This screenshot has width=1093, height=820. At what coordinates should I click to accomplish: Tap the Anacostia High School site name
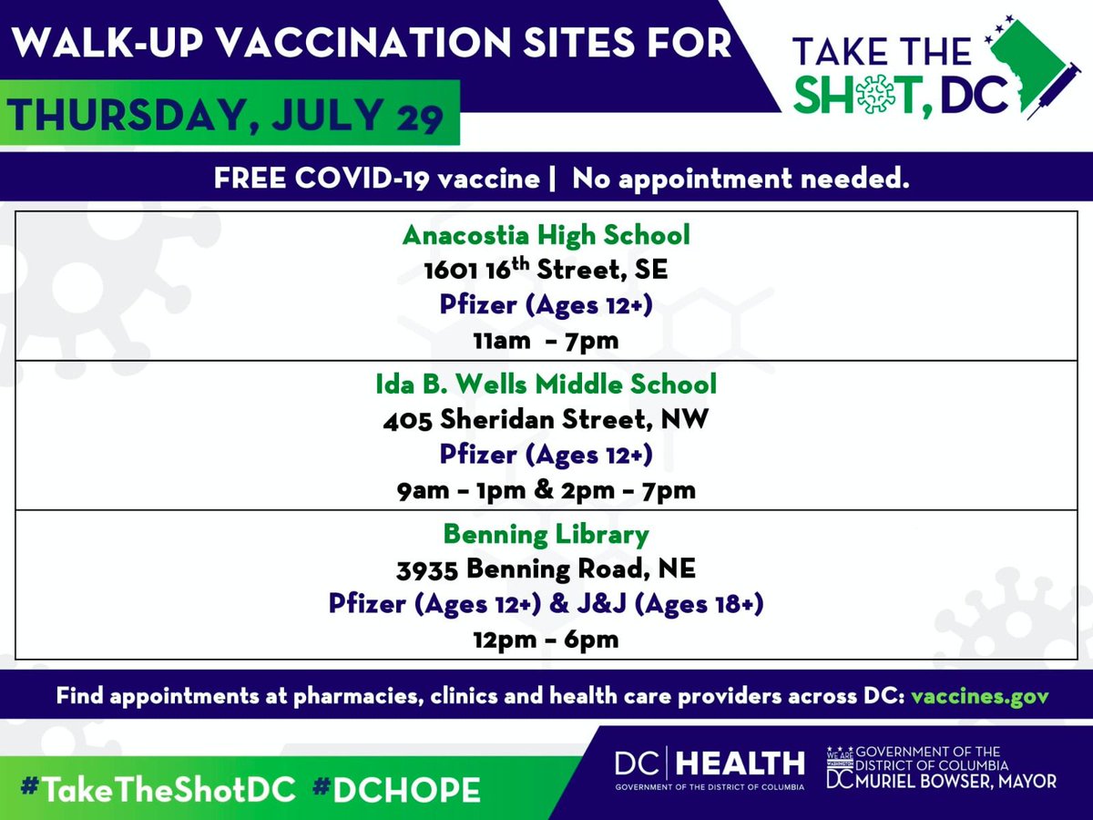pyautogui.click(x=546, y=235)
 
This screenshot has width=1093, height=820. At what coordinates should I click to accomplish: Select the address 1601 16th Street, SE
pyautogui.click(x=546, y=270)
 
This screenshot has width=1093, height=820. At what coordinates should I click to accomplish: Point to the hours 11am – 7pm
pyautogui.click(x=546, y=341)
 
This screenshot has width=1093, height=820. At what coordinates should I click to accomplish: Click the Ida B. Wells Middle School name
pyautogui.click(x=546, y=384)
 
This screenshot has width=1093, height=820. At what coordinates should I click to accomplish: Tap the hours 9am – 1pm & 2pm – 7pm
pyautogui.click(x=546, y=490)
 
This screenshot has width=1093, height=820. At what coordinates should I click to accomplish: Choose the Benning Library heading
pyautogui.click(x=546, y=533)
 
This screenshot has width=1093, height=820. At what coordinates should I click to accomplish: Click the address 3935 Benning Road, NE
pyautogui.click(x=546, y=569)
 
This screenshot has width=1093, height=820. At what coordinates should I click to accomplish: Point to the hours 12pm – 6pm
pyautogui.click(x=546, y=639)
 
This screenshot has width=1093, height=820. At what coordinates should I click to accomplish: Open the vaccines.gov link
pyautogui.click(x=979, y=696)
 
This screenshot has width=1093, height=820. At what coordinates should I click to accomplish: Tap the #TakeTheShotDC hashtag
pyautogui.click(x=158, y=789)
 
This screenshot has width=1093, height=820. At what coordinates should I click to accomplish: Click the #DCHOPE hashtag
pyautogui.click(x=395, y=789)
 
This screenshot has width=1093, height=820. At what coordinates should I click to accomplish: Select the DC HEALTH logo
pyautogui.click(x=710, y=767)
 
